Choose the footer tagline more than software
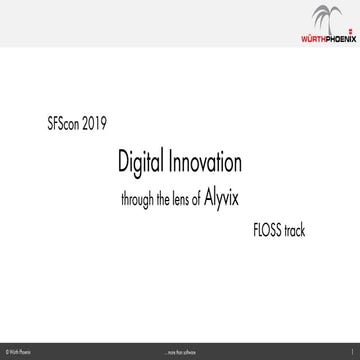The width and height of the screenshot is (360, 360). (180, 352)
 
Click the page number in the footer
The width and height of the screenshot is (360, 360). (354, 352)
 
